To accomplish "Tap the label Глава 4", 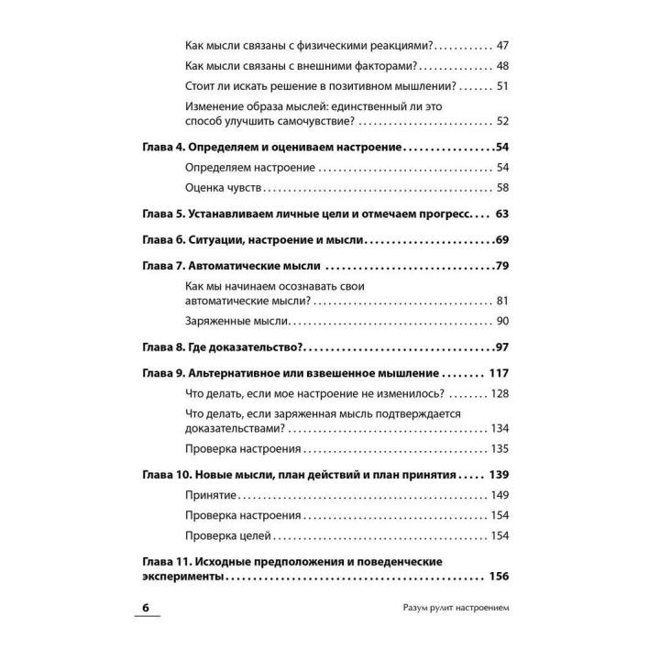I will pyautogui.click(x=163, y=147).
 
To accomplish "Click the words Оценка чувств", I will pyautogui.click(x=224, y=188).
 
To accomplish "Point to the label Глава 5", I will pyautogui.click(x=163, y=214).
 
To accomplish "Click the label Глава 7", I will pyautogui.click(x=163, y=267).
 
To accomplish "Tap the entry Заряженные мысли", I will pyautogui.click(x=236, y=321).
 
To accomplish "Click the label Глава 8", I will pyautogui.click(x=163, y=347).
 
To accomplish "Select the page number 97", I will pyautogui.click(x=500, y=347).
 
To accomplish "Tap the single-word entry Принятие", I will pyautogui.click(x=211, y=495).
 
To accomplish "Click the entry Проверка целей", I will pyautogui.click(x=228, y=536).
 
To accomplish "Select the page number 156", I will pyautogui.click(x=498, y=578).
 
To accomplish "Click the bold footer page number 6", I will pyautogui.click(x=146, y=610).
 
